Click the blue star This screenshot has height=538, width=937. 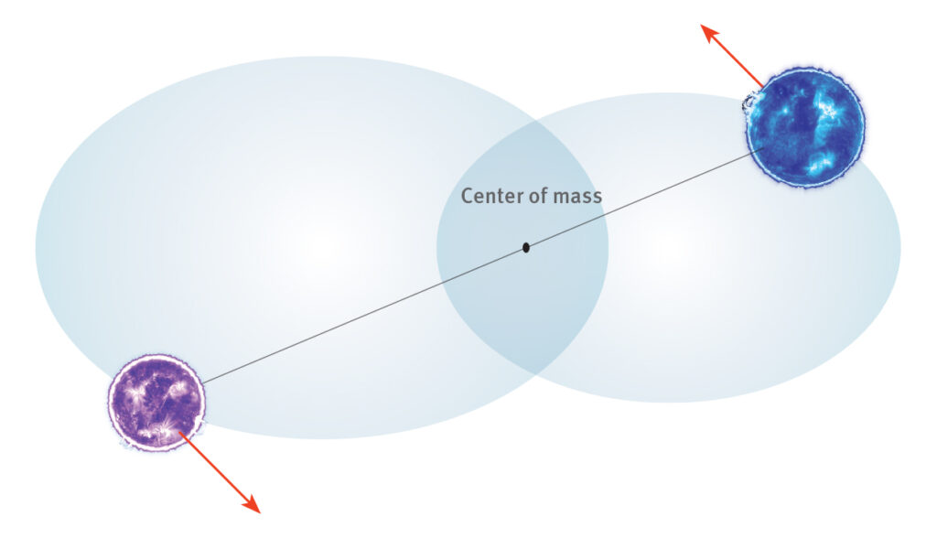coord(805,127)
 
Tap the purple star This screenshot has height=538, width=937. coord(157,403)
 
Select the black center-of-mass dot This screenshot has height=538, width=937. coord(526,247)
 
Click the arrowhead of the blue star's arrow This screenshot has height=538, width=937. coord(710,34)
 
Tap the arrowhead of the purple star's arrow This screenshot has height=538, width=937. coord(251,504)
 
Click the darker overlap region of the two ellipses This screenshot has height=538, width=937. coord(522,247)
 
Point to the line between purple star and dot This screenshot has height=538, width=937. coord(363,315)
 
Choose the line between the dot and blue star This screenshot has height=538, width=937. coord(645,198)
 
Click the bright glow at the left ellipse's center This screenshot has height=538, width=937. coord(323,246)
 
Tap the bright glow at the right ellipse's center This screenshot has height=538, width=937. coord(669,246)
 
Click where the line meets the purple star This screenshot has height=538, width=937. coord(202,382)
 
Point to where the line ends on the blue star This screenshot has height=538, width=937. coord(765,147)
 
